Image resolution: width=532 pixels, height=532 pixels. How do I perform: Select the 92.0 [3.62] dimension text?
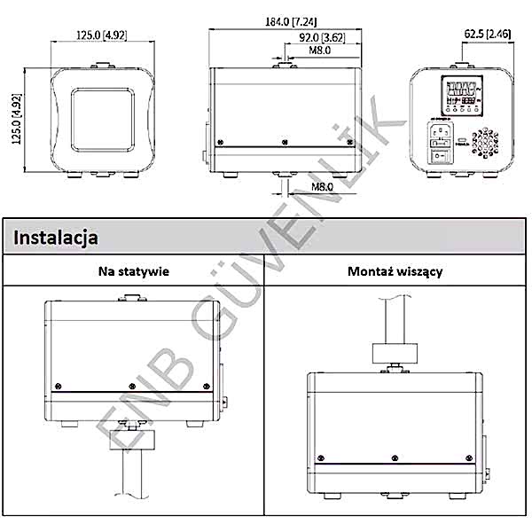coord(322,37)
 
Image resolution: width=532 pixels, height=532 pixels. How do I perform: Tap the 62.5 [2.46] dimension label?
coord(485,35)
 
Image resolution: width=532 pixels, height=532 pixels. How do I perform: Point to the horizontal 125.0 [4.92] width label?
coord(102,35)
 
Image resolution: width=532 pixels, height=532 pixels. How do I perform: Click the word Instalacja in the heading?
coord(56,238)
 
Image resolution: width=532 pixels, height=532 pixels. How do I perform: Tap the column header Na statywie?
coord(133,271)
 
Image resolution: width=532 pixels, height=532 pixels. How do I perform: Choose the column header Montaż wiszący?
coord(395,271)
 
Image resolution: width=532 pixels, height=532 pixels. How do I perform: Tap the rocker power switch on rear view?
coord(442,157)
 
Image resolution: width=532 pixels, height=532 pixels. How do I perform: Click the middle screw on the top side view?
coord(283,142)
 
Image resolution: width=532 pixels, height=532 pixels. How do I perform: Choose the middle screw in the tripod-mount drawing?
coord(132,386)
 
